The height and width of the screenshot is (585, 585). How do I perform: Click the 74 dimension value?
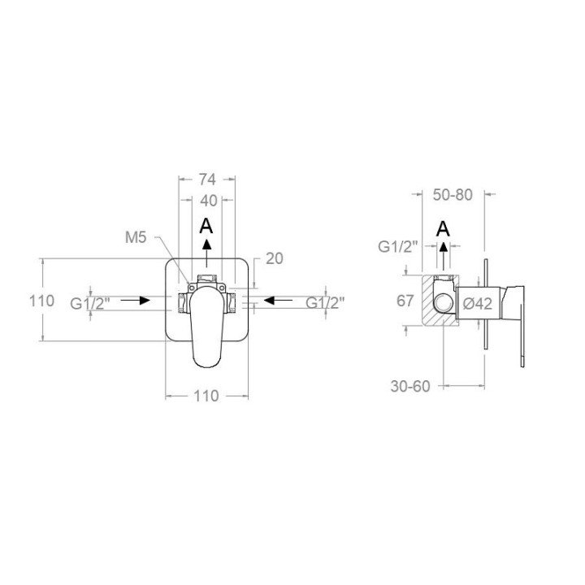(207, 180)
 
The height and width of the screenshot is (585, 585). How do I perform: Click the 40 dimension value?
(209, 201)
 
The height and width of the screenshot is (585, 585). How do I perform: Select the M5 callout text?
(136, 237)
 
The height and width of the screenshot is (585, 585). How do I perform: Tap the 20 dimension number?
(275, 258)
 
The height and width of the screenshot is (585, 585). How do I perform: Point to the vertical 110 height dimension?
(41, 301)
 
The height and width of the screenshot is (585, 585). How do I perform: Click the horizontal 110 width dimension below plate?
(206, 396)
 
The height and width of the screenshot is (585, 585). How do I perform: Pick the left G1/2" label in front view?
(90, 304)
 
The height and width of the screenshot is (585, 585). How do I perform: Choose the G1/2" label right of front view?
(325, 302)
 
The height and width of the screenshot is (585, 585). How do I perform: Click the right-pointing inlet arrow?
(135, 300)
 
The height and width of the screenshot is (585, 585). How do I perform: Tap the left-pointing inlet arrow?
(278, 300)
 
